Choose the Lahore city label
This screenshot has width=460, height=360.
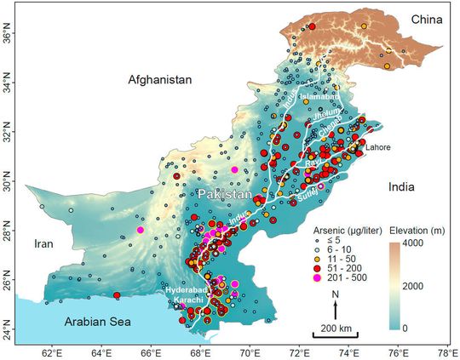pos(377,146)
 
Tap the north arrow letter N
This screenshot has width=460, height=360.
pos(336,294)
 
